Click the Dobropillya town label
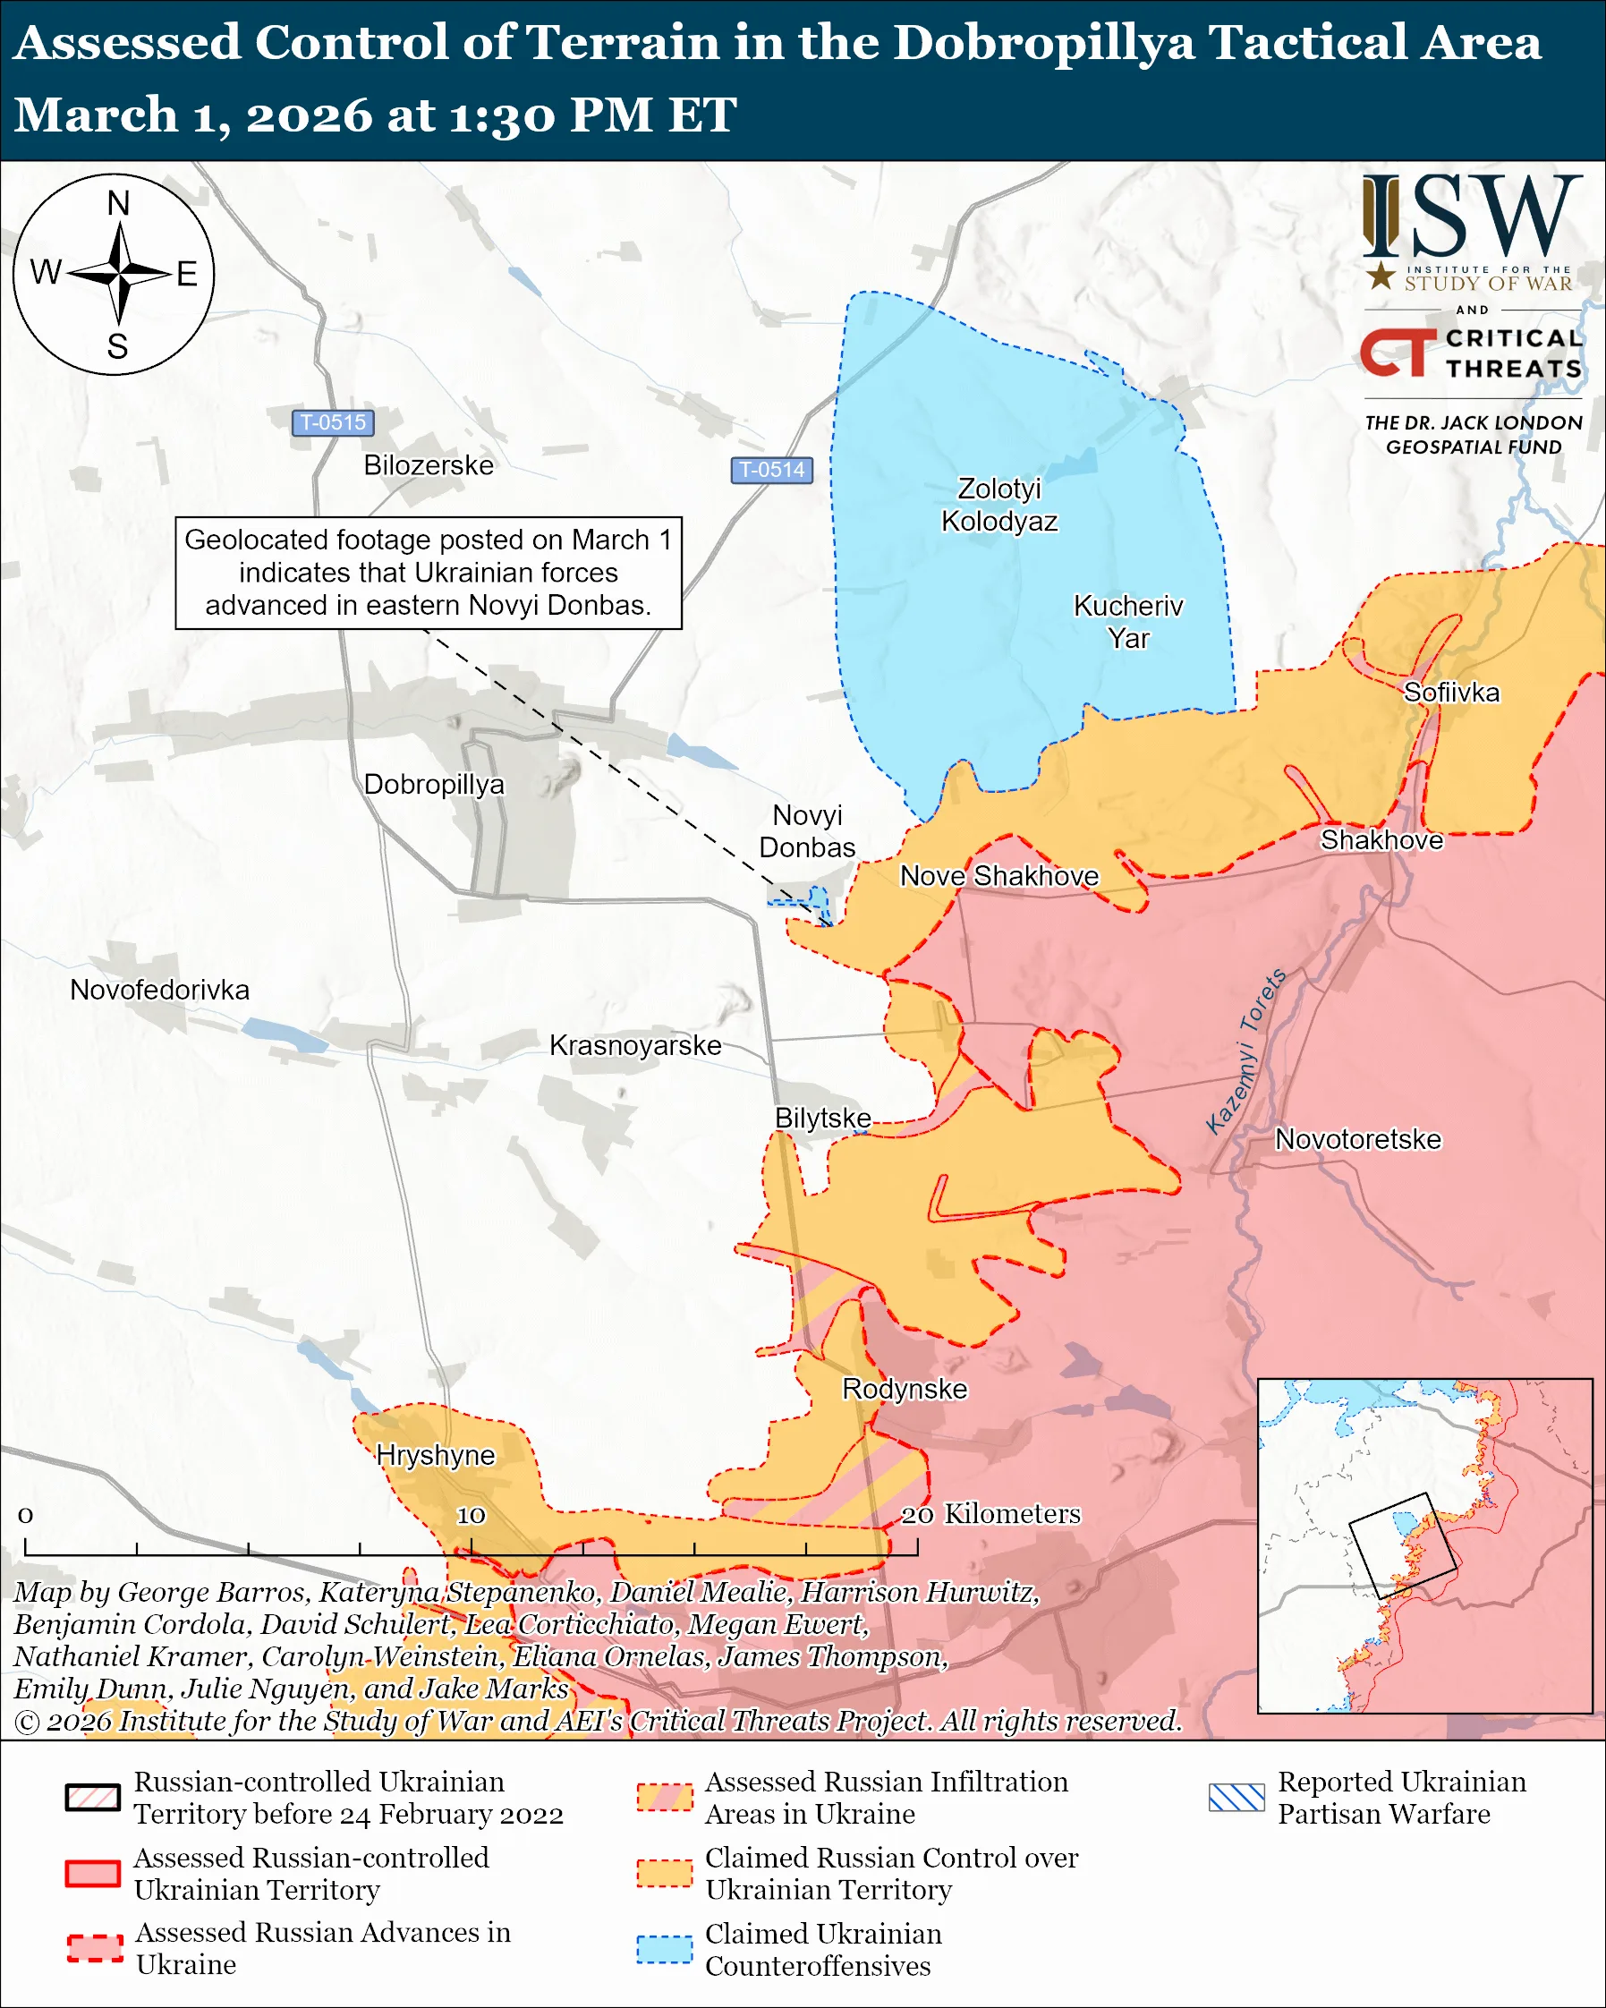(433, 784)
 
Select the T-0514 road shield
(771, 470)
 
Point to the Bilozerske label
(429, 464)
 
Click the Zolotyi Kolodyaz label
(999, 505)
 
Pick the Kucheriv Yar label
(1127, 621)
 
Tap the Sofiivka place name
(1450, 692)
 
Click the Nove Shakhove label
(998, 875)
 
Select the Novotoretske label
(1356, 1139)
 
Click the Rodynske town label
(904, 1389)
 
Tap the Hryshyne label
(435, 1455)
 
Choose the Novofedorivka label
(159, 989)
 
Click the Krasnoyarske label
(635, 1045)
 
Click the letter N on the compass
(118, 203)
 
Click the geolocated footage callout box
(429, 573)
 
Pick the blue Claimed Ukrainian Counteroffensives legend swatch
(664, 1949)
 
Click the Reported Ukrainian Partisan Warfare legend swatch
(1236, 1797)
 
